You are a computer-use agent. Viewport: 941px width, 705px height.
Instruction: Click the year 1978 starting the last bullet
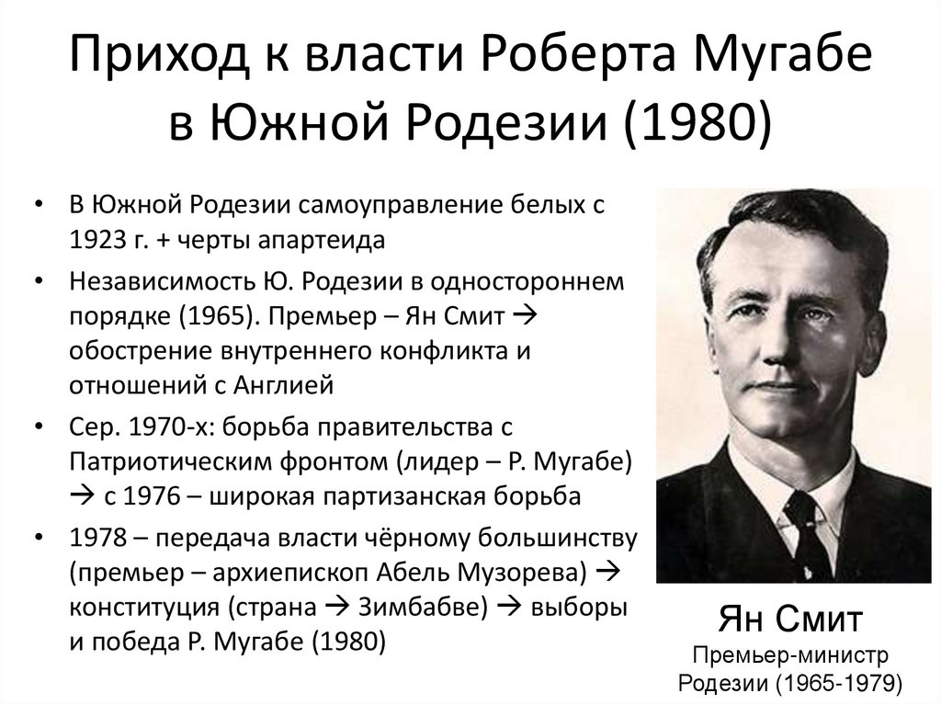point(96,538)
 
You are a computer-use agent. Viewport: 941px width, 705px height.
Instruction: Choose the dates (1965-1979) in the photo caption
point(835,683)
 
